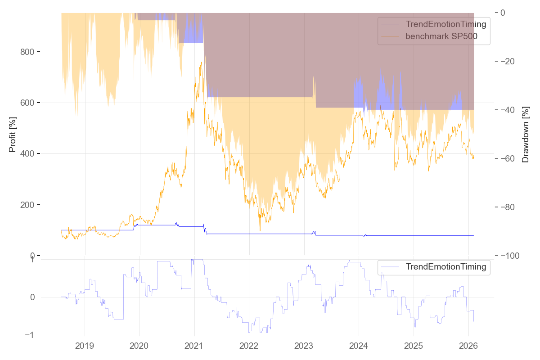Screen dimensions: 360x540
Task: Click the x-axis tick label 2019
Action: click(84, 346)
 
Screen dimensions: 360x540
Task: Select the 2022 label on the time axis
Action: click(249, 346)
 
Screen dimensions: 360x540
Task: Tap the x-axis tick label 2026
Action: click(468, 346)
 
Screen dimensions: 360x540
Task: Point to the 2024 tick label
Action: click(359, 346)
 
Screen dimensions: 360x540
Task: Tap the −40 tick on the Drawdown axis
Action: click(508, 110)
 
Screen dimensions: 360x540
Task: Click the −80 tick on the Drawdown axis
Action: click(508, 207)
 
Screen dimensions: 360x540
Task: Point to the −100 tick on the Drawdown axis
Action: click(510, 256)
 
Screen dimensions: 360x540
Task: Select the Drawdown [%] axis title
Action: click(525, 135)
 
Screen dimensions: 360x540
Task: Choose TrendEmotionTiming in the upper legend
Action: click(445, 24)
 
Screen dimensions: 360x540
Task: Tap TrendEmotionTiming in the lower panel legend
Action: click(445, 267)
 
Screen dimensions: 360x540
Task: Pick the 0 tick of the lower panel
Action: click(32, 297)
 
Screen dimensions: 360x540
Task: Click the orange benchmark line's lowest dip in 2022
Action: click(260, 231)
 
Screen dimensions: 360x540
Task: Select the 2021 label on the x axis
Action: click(194, 346)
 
